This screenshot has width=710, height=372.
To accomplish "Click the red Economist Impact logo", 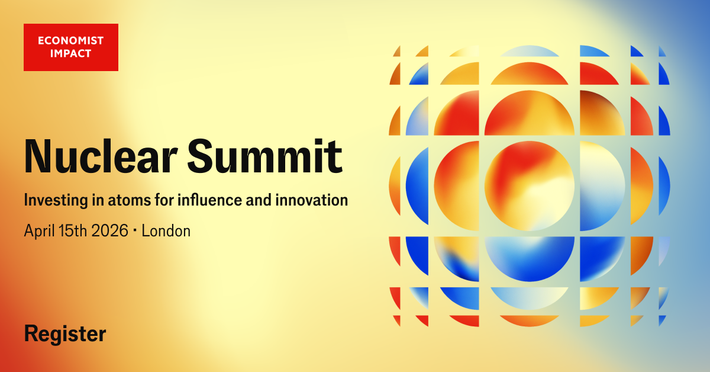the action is point(71,47).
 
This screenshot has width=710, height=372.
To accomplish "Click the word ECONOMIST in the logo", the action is point(70,41).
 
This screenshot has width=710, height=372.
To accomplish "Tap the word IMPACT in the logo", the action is point(70,53).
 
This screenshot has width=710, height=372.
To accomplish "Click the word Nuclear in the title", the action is point(101,156).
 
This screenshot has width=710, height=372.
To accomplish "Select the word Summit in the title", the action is point(265,156).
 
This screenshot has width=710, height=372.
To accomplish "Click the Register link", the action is point(65,334).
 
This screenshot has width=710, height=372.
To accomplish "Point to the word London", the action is point(166,231).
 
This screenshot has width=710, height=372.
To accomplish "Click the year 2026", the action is point(109,231).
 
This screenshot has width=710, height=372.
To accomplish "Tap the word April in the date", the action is point(40,232).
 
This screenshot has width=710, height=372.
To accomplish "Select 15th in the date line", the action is point(73,231).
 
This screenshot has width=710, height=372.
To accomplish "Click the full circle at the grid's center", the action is point(530,186).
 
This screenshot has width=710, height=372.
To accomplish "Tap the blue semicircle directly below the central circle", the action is point(530,257).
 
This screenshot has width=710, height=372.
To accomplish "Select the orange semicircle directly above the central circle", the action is point(530,114).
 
